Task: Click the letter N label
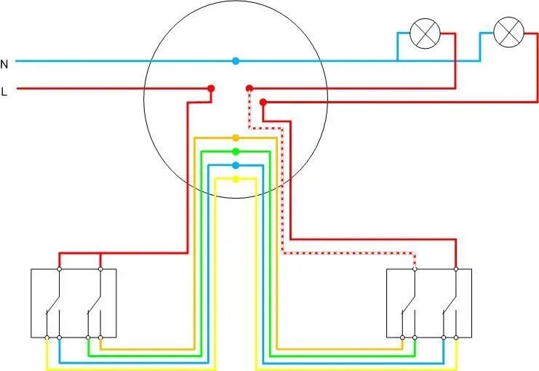click(4, 64)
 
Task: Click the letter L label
click(4, 92)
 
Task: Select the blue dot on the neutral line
click(235, 61)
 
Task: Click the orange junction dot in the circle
click(235, 137)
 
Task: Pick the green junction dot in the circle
click(235, 151)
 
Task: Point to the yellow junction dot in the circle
click(235, 178)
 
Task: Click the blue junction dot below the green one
click(235, 165)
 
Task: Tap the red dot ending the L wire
click(211, 89)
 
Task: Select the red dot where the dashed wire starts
click(249, 89)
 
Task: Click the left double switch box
click(73, 303)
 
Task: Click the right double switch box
click(428, 303)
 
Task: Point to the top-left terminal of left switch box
click(60, 269)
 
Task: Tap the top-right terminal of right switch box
click(456, 269)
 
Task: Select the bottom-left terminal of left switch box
click(47, 338)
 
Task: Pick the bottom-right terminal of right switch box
click(456, 338)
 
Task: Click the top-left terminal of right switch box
click(415, 269)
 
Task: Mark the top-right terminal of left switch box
click(100, 269)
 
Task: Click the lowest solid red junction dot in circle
click(263, 102)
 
